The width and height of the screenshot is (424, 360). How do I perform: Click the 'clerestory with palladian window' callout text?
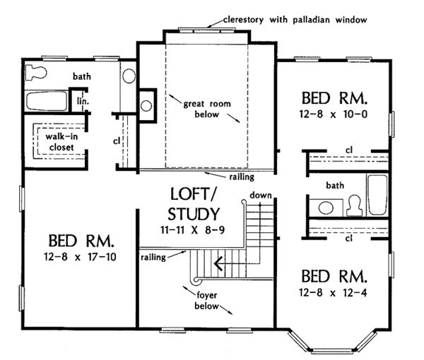click(295, 20)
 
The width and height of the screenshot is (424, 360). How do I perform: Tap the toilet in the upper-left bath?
click(36, 73)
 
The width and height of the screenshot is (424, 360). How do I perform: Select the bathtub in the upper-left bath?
click(47, 101)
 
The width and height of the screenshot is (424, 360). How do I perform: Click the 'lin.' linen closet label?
click(83, 101)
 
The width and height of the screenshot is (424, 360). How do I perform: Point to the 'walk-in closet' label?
click(61, 142)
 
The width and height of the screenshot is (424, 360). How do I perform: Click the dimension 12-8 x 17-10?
click(80, 256)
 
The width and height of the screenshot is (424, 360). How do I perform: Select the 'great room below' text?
click(207, 109)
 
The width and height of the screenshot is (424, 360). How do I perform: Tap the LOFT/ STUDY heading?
click(194, 205)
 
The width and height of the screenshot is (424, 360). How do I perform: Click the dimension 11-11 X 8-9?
click(192, 230)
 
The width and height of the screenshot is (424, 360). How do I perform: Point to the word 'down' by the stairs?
click(261, 195)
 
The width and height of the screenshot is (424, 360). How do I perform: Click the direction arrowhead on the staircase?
click(218, 263)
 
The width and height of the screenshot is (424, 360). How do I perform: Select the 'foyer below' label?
click(206, 300)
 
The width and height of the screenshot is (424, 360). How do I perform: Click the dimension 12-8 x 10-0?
click(334, 114)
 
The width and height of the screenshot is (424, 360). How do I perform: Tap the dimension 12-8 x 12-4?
click(333, 292)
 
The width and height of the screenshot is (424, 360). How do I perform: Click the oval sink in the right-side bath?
click(326, 208)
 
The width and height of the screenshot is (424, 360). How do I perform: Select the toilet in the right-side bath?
click(354, 205)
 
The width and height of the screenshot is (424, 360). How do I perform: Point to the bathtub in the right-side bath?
click(378, 195)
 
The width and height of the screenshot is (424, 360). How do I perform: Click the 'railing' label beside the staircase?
click(153, 257)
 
